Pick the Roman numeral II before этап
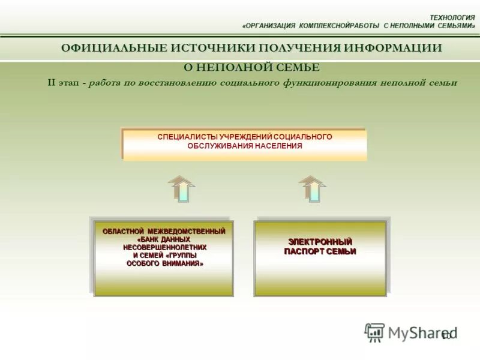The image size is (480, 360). click(x=52, y=83)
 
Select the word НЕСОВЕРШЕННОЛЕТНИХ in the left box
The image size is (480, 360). click(x=164, y=247)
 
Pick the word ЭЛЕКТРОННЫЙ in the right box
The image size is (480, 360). click(x=320, y=241)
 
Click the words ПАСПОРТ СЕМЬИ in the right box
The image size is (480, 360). click(x=320, y=251)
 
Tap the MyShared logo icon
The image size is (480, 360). click(x=374, y=332)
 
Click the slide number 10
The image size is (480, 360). click(x=446, y=335)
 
